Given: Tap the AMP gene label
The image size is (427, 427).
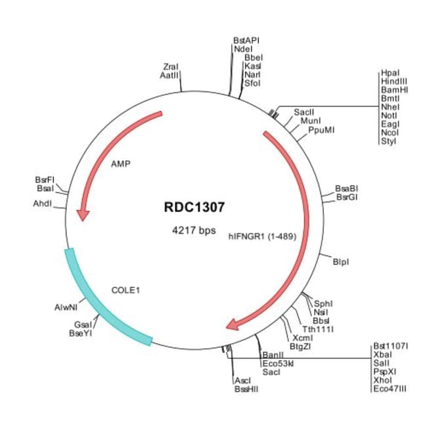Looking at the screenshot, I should click(121, 164).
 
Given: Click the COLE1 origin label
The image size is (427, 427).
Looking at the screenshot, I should click(127, 289).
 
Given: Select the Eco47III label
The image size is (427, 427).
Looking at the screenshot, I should click(390, 389).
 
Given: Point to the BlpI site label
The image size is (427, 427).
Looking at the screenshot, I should click(341, 262).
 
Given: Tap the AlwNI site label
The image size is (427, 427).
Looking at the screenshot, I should click(66, 307).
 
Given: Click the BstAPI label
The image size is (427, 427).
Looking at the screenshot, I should click(246, 40).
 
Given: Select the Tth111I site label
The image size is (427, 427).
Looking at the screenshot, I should click(318, 328).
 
